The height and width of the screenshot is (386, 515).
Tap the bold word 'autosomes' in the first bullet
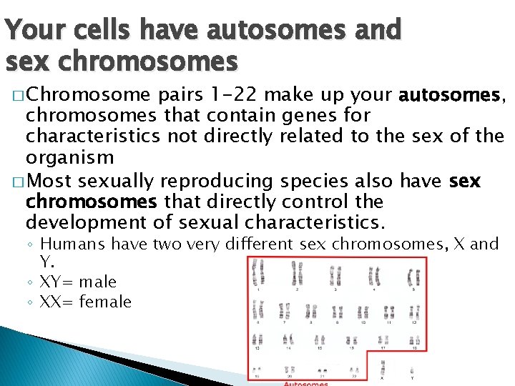pos(451,94)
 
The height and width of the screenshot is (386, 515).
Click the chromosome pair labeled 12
pos(413,312)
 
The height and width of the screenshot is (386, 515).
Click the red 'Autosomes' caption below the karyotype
pos(306,383)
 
